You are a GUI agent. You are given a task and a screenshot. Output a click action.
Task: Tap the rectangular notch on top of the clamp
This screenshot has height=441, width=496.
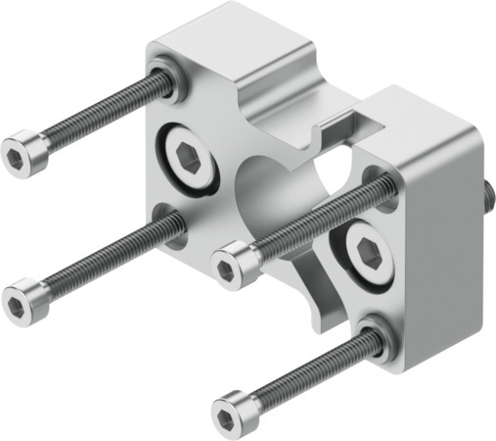[338, 125]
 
